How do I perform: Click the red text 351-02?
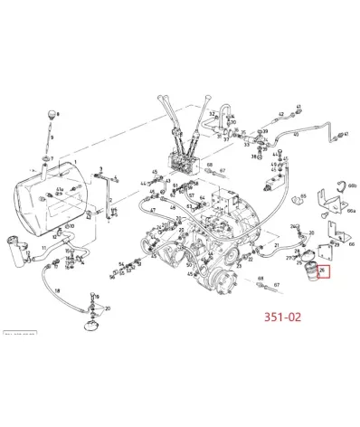click(x=283, y=318)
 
